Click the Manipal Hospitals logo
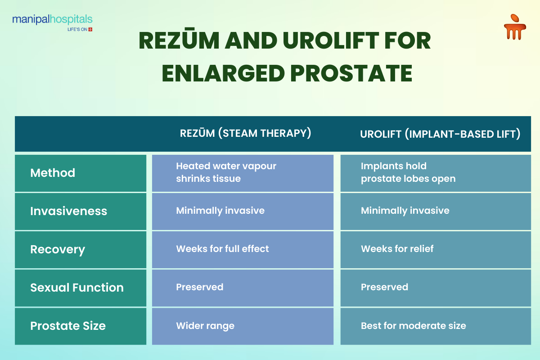pos(52,22)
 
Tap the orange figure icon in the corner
pos(515,27)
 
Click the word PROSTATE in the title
pos(351,73)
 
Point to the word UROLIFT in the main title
pos(331,40)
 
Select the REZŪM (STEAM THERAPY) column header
pos(245,133)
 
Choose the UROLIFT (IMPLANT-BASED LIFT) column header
pos(440,134)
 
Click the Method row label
pos(53,173)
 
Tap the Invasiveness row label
pos(68,211)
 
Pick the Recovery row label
pos(58,250)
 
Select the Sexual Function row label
pos(77,288)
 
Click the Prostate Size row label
pos(68,326)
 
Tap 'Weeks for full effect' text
pos(222,249)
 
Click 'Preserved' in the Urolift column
pos(384,287)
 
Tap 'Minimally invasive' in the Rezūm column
pos(220,211)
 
